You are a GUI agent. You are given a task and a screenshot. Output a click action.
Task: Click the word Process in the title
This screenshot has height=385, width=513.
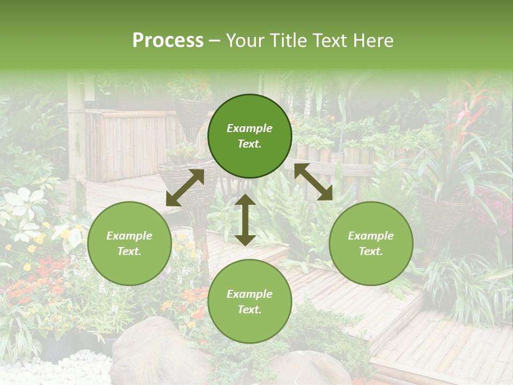(168, 41)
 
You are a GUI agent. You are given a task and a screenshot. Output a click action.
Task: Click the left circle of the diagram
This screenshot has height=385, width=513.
(129, 243)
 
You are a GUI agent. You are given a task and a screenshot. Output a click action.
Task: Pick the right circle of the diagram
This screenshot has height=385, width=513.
(371, 243)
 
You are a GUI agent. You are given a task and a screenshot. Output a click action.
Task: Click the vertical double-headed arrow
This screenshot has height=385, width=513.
(245, 220)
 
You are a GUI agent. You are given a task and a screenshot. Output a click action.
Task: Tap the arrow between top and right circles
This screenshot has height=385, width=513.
(313, 182)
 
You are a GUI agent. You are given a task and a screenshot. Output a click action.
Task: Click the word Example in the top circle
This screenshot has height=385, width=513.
(250, 128)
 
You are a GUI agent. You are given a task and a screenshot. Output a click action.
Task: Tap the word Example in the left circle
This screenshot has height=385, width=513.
(129, 236)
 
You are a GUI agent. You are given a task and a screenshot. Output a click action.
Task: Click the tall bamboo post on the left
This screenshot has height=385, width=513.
(77, 139)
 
